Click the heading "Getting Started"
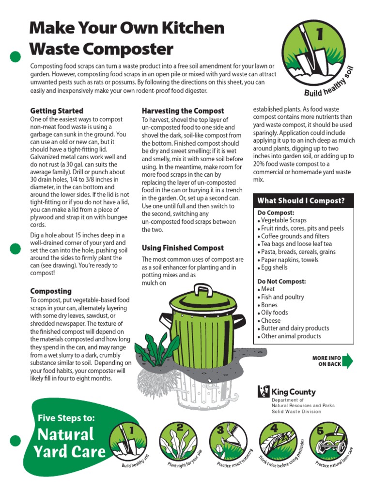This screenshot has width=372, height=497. click(x=57, y=111)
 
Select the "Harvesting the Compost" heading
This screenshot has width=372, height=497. click(x=183, y=111)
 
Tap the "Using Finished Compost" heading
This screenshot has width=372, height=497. click(x=183, y=248)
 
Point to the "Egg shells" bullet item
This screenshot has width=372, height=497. click(x=274, y=267)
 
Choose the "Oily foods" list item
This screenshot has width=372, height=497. click(x=274, y=313)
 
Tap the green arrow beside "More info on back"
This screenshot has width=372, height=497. click(x=348, y=362)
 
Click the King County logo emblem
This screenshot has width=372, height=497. click(x=263, y=392)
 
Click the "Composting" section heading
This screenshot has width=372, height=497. click(x=51, y=291)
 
